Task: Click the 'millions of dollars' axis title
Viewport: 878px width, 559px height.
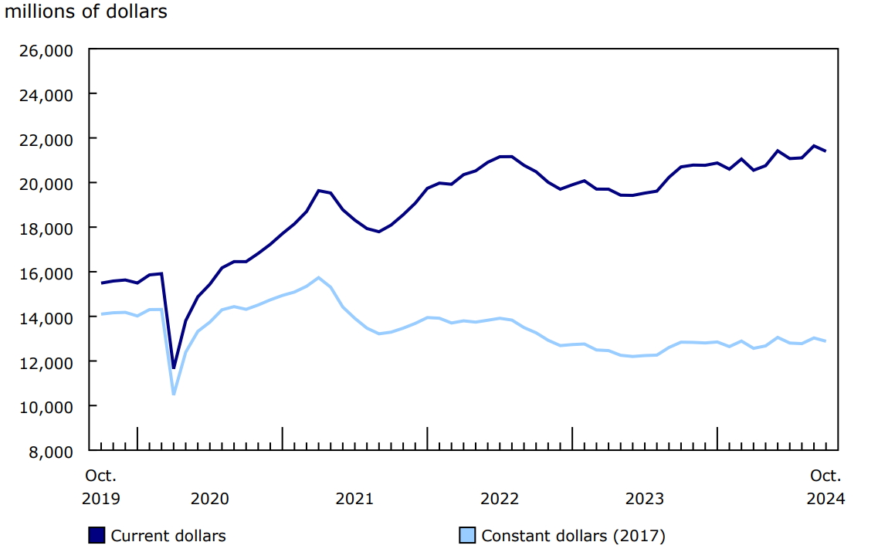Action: click(86, 12)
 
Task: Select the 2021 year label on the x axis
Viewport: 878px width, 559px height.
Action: click(354, 499)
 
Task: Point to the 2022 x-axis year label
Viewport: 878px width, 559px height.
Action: click(500, 499)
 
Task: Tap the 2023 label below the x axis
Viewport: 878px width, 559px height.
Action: click(644, 499)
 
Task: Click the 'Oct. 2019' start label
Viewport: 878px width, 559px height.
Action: click(101, 487)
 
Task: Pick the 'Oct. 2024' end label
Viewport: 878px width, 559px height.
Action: click(825, 487)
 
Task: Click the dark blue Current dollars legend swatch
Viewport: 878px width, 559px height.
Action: click(97, 535)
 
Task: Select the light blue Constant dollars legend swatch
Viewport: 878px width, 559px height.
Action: click(467, 535)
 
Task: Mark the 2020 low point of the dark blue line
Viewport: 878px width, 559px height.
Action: click(174, 368)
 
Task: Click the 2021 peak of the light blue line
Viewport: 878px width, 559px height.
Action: click(318, 277)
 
